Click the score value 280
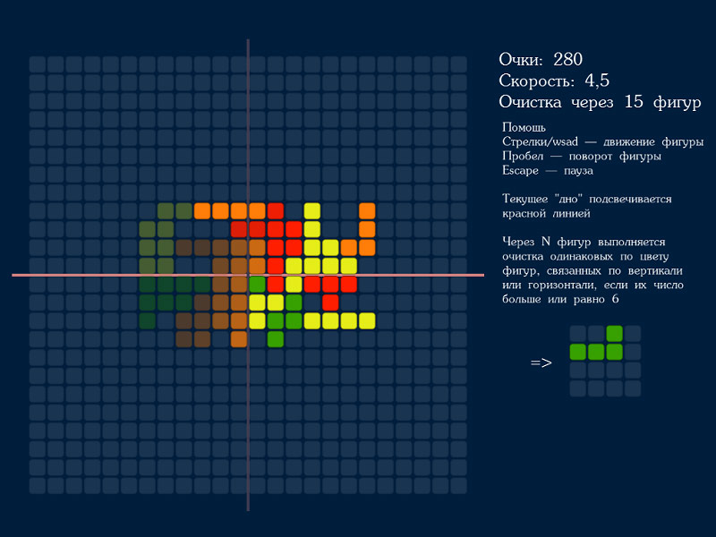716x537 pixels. click(567, 59)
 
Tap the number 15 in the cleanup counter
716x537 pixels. click(634, 101)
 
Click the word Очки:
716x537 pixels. click(521, 59)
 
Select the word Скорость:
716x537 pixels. click(536, 81)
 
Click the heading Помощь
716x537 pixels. click(524, 127)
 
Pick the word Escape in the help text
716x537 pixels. click(520, 170)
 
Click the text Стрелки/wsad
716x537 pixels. click(541, 141)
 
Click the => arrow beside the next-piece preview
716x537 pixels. click(541, 362)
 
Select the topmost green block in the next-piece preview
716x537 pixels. click(614, 334)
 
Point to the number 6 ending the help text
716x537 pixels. click(616, 299)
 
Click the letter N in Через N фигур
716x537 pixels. click(545, 242)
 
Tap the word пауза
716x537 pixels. click(578, 171)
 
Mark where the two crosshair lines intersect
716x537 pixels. click(248, 275)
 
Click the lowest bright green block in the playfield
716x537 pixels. click(276, 339)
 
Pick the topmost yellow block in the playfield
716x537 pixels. click(311, 211)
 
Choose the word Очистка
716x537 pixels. click(530, 102)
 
